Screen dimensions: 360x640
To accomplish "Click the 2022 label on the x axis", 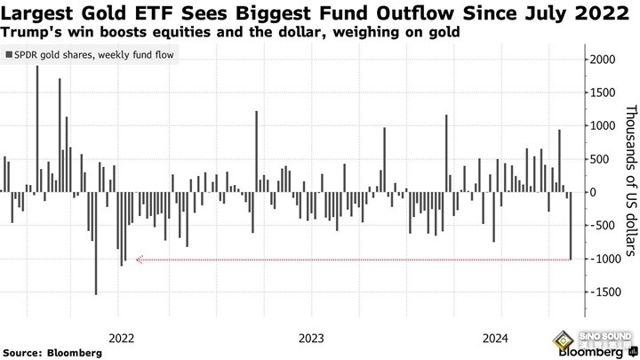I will (121, 338).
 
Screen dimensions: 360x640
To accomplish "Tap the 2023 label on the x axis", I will (311, 338).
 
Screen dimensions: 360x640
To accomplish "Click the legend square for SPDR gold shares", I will (9, 56).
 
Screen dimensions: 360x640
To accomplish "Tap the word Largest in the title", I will (36, 12).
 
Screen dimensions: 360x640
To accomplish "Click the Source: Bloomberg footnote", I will (52, 353).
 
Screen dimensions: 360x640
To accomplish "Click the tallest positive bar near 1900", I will (37, 128).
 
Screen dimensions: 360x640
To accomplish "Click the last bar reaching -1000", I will (570, 225).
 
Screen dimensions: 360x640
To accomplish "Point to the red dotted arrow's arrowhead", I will (134, 260).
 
